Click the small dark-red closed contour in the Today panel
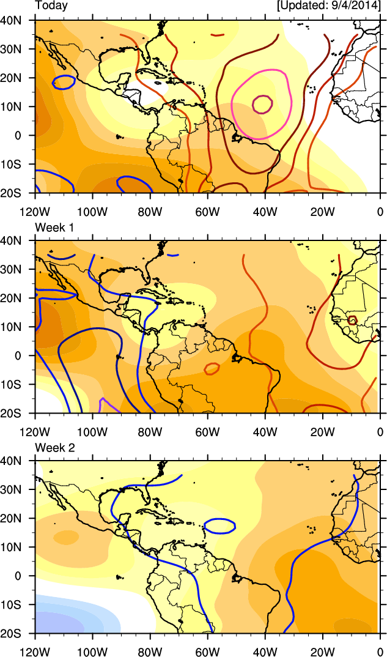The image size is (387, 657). click(x=262, y=104)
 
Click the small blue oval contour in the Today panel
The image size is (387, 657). click(x=64, y=81)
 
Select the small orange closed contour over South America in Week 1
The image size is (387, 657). click(x=212, y=368)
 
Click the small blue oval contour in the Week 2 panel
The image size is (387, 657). click(x=219, y=525)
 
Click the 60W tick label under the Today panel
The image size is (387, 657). click(x=207, y=212)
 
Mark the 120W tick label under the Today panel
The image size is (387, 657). click(x=35, y=212)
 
